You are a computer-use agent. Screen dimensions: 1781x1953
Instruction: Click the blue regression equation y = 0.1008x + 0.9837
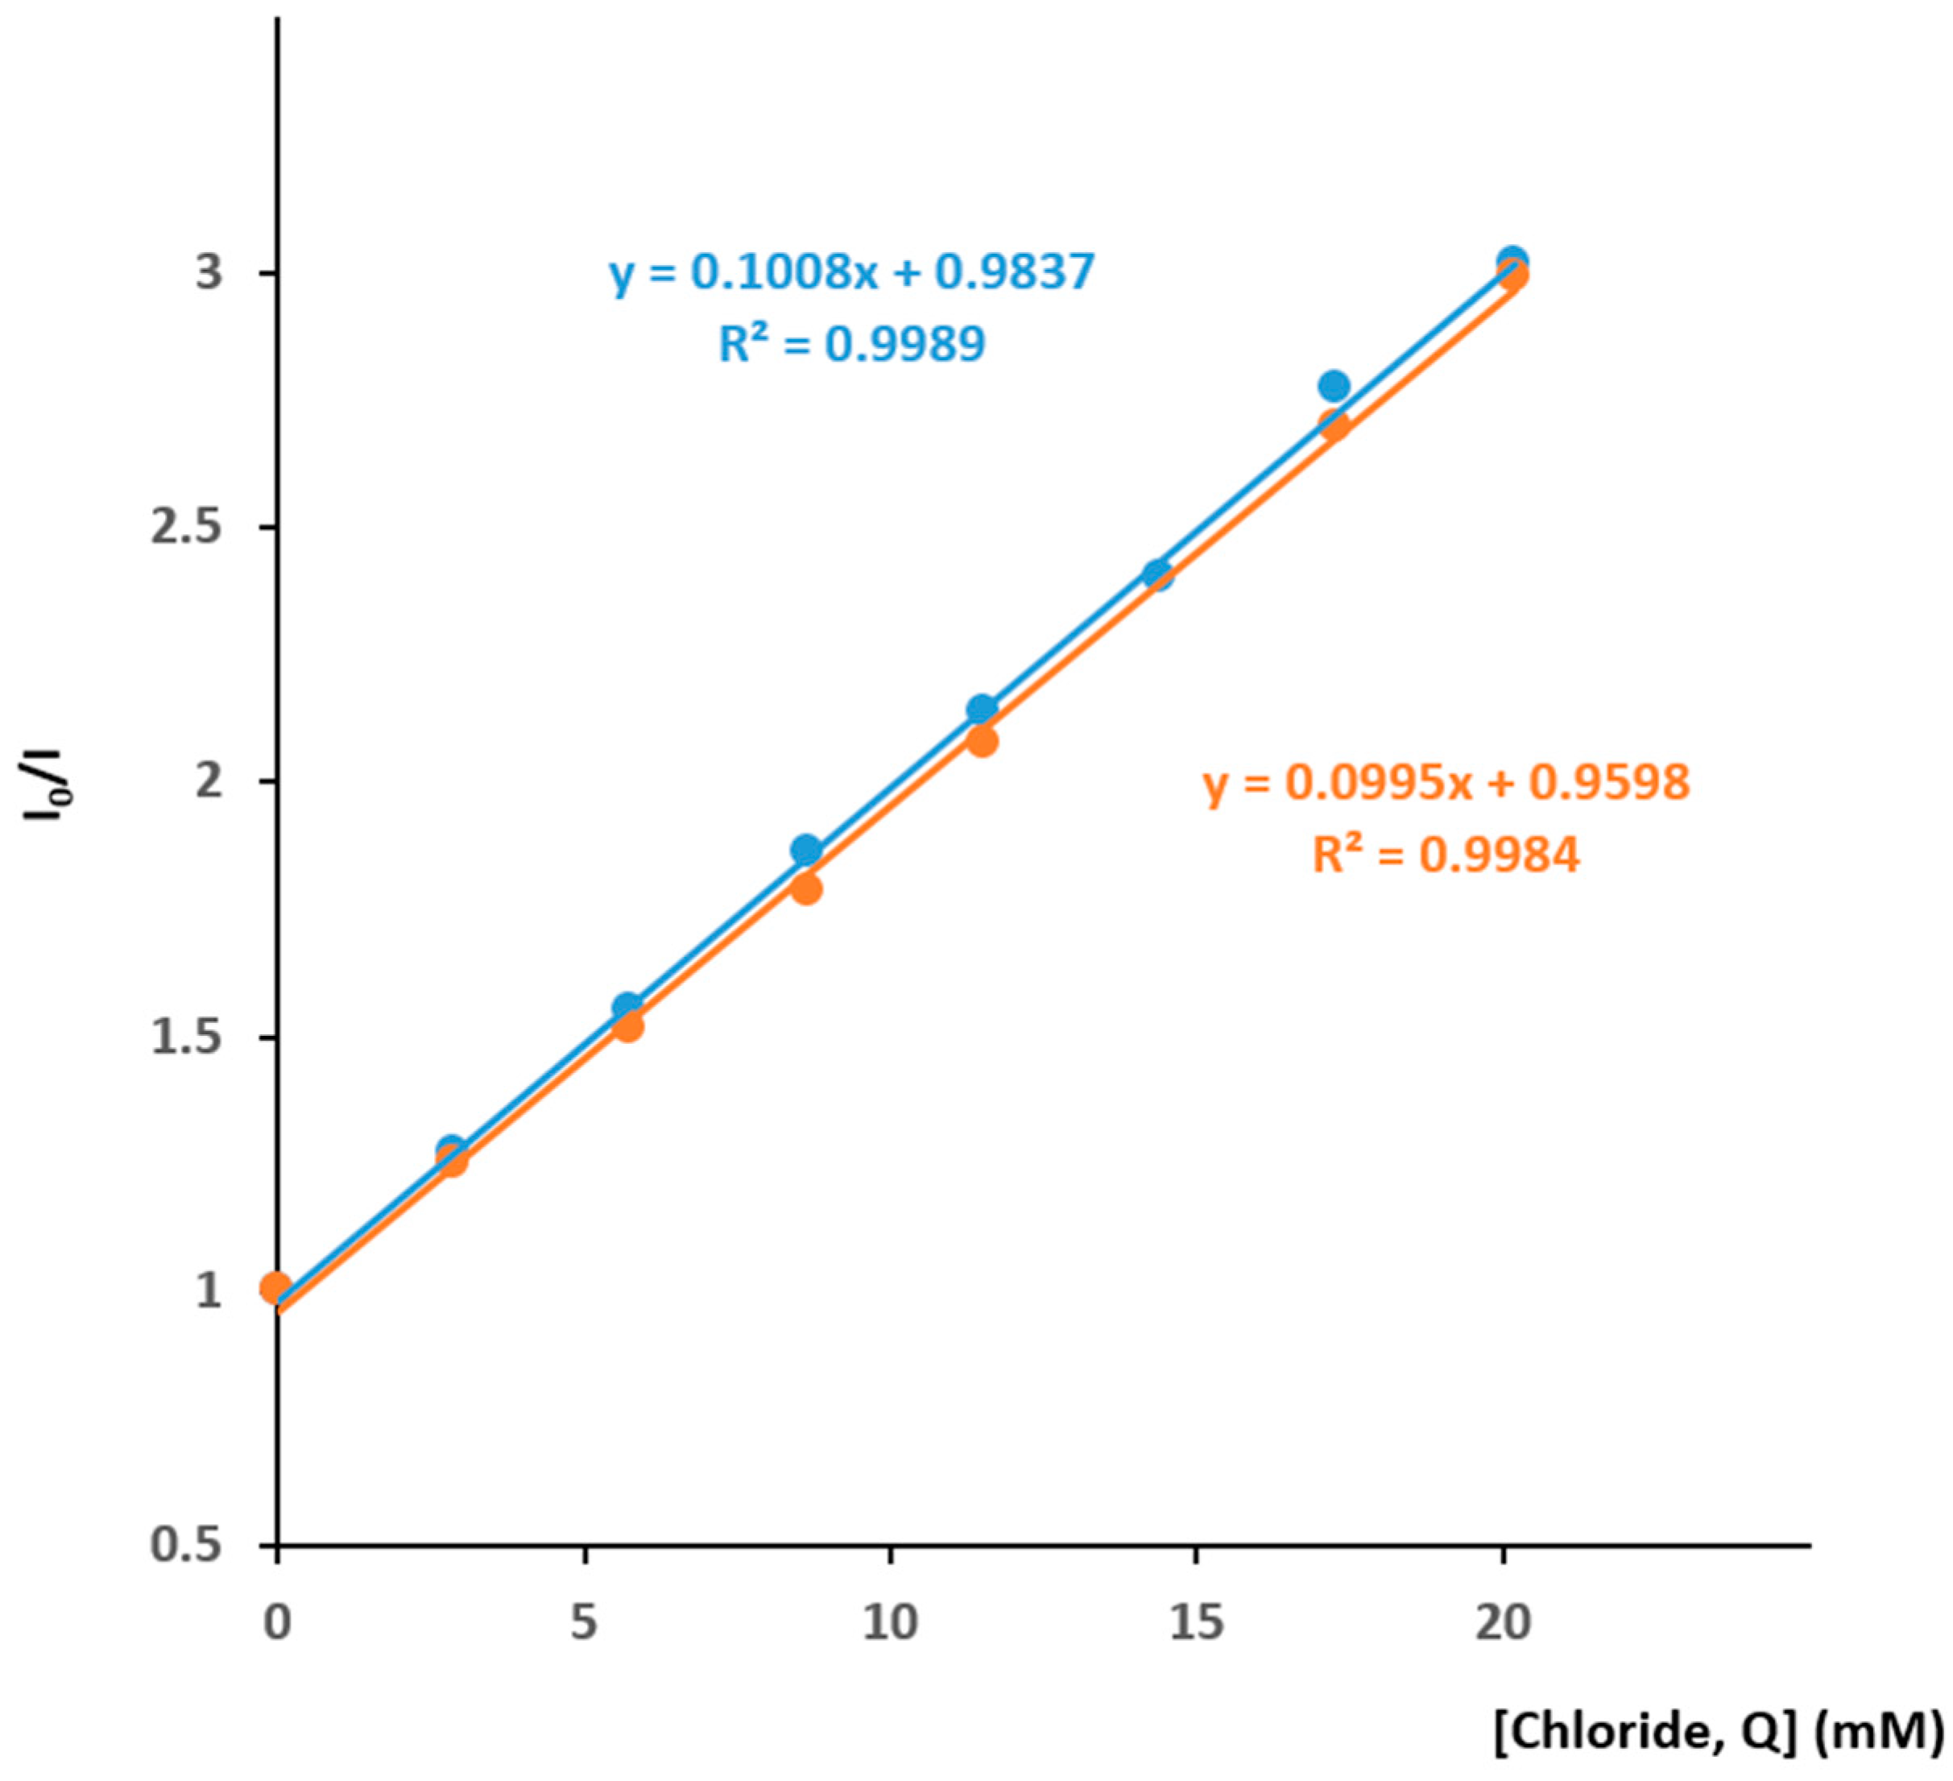pos(851,272)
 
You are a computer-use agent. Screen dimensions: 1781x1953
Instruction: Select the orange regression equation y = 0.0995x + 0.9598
pos(1446,783)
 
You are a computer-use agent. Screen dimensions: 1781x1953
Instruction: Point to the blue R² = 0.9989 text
pos(851,344)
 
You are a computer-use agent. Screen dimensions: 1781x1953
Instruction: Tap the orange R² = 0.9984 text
pos(1446,855)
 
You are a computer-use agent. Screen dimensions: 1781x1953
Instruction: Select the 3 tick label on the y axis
pos(209,273)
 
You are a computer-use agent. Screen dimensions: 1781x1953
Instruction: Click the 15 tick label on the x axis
pos(1197,1622)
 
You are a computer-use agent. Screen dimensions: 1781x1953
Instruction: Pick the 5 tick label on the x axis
pos(583,1622)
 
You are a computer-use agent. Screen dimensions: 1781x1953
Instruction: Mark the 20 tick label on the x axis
pos(1504,1622)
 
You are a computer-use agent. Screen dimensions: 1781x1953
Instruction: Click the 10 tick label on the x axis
pos(889,1622)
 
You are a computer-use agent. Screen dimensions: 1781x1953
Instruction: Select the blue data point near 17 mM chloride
pos(1334,386)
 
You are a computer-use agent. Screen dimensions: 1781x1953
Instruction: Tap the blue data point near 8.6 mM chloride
pos(806,850)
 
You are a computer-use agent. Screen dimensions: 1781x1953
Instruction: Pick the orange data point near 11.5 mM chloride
pos(983,742)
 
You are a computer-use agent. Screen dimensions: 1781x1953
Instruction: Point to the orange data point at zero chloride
pos(276,1288)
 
